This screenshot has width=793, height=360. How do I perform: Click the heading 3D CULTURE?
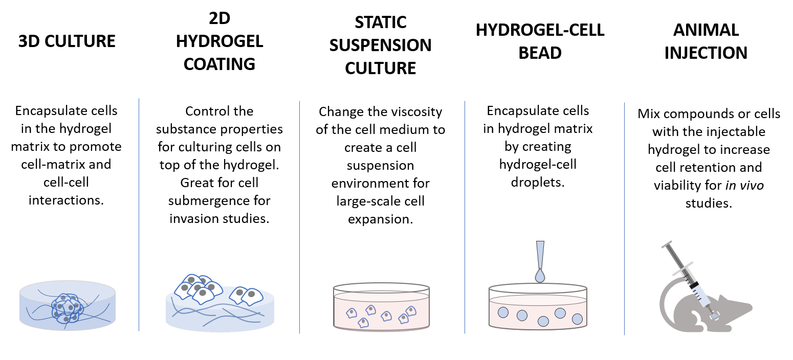tap(67, 41)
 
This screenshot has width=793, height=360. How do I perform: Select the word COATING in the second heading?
tap(219, 64)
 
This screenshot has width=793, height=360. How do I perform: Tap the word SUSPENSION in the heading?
tap(380, 45)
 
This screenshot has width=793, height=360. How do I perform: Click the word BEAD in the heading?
tap(540, 52)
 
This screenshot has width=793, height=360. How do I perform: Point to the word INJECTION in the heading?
tap(706, 53)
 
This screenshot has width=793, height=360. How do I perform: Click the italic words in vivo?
tap(745, 185)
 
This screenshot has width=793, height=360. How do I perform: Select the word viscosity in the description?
tap(415, 111)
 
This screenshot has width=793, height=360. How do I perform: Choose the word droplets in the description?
tap(538, 182)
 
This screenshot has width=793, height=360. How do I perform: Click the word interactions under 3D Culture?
tap(67, 199)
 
